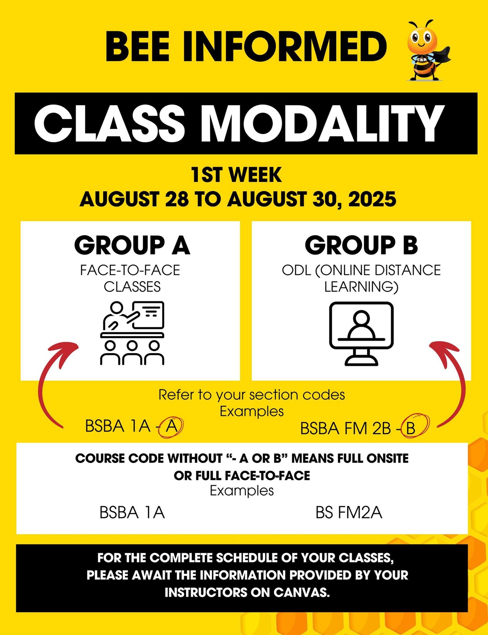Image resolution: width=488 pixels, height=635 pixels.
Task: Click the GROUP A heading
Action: tap(132, 245)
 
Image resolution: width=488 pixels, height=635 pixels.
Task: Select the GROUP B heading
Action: tap(361, 245)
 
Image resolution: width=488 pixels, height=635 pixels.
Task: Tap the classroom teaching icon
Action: tap(132, 333)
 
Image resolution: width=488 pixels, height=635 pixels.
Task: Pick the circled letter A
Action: tap(171, 427)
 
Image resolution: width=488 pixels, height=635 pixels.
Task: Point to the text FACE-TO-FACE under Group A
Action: tap(130, 270)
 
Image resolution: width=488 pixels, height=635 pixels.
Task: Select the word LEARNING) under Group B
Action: tap(362, 287)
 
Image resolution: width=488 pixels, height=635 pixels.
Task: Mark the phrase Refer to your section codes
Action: tap(252, 395)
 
